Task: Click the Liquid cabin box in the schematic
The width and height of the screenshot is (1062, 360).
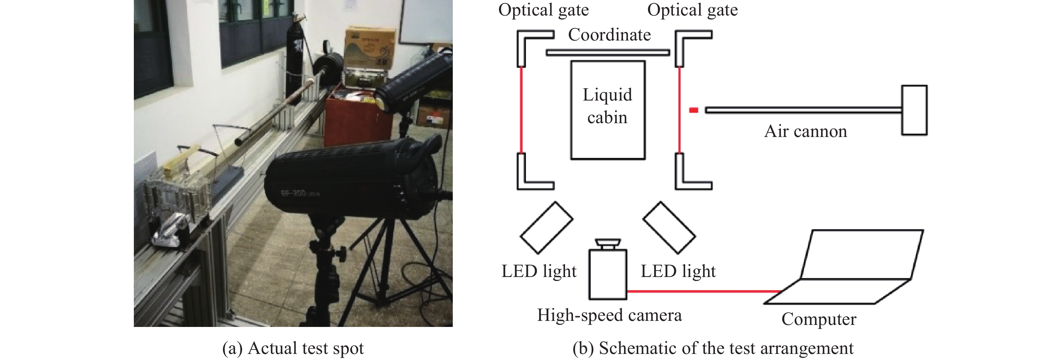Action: coord(608,110)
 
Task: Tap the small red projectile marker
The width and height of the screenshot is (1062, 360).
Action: coord(694,110)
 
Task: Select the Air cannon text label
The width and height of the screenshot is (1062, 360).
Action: coord(805,131)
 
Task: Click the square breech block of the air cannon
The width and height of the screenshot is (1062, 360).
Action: coord(914,110)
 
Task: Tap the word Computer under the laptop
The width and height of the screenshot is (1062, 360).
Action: coord(819,319)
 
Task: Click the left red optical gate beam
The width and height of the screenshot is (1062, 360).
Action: coord(522,110)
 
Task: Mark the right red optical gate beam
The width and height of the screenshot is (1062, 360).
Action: coord(679,110)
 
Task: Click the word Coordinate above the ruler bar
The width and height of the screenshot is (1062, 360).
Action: coord(609,35)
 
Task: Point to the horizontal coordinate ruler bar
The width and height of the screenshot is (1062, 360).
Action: coord(608,52)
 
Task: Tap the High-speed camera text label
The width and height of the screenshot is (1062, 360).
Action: coord(609,315)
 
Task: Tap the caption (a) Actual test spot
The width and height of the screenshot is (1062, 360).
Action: coord(293,349)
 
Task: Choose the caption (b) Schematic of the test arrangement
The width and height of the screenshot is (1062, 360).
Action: coord(713,349)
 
